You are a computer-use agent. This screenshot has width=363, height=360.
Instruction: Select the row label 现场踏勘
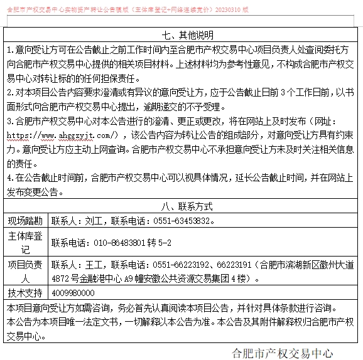click(x=25, y=221)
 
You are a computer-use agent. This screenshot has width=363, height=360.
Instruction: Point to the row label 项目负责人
click(x=25, y=272)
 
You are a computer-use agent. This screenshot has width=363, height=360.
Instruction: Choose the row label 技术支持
click(x=25, y=293)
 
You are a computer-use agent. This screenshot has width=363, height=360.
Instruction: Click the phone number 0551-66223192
click(x=181, y=265)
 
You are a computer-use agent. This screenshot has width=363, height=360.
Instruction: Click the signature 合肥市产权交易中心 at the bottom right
click(x=282, y=352)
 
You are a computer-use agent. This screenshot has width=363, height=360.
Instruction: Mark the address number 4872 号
click(x=68, y=278)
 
